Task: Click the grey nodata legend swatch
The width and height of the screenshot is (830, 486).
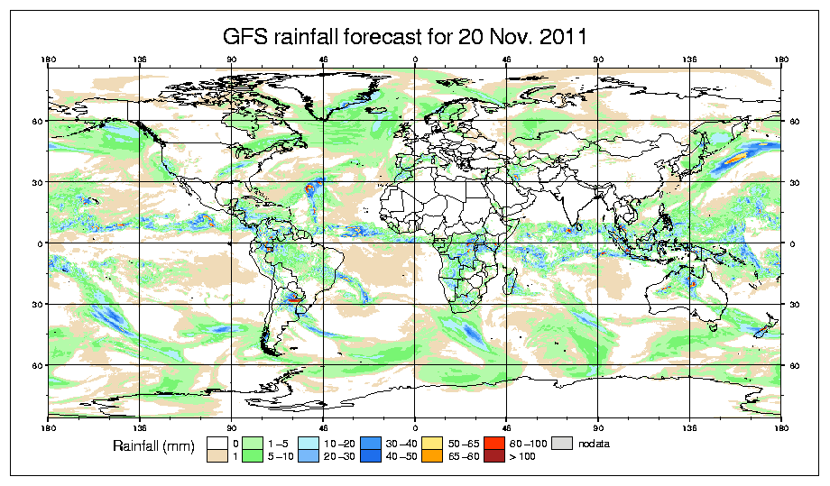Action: (x=562, y=443)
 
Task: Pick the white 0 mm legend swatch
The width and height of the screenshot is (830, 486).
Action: (x=216, y=443)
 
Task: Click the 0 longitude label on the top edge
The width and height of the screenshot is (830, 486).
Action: (x=415, y=60)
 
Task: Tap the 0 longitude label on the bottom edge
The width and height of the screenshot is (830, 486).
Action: (x=415, y=424)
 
